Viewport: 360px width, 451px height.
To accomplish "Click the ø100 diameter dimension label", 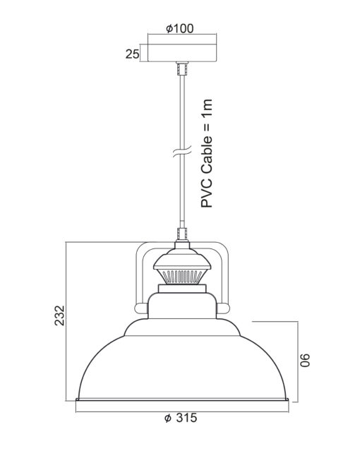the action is [x=180, y=28].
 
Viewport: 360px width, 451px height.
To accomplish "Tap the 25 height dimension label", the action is [x=133, y=54].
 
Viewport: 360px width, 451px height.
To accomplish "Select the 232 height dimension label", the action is [x=60, y=315].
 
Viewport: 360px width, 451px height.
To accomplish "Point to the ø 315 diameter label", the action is [x=181, y=418].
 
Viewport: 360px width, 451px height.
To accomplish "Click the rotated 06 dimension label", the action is [x=305, y=360].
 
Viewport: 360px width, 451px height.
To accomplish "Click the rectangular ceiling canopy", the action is [x=182, y=53].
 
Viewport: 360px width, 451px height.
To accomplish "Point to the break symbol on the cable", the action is [x=182, y=151].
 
